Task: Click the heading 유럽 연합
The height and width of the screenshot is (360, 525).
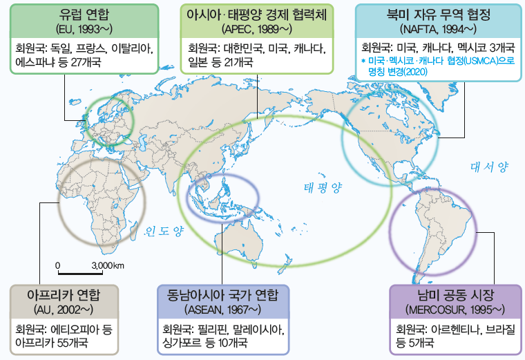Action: tap(82, 15)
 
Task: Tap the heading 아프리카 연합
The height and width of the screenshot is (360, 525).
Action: tap(64, 294)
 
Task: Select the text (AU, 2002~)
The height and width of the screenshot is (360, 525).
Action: tap(64, 307)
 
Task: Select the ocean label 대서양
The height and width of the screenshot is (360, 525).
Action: tap(489, 167)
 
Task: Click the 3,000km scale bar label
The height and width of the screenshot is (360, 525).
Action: tap(108, 266)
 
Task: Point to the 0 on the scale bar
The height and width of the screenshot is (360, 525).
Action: tap(59, 266)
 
